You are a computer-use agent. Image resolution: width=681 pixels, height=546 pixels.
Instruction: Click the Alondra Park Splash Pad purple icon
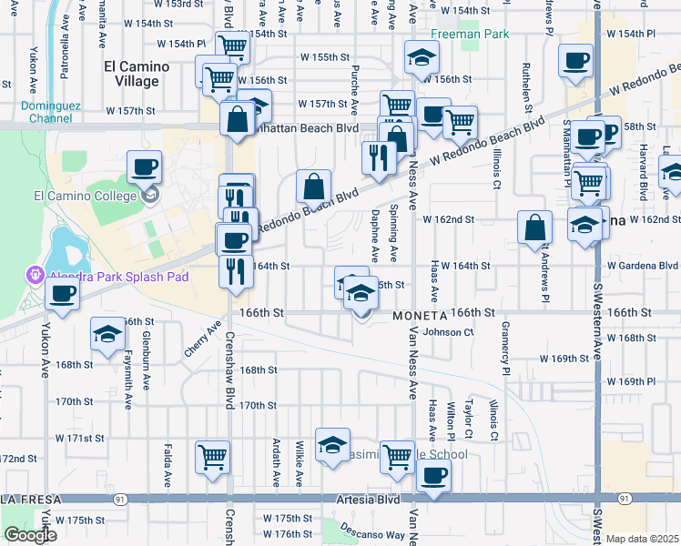(x=36, y=274)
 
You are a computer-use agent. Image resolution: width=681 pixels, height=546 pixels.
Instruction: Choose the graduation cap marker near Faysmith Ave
(x=107, y=335)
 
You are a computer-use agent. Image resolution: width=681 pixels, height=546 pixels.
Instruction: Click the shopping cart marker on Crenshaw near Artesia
(x=212, y=457)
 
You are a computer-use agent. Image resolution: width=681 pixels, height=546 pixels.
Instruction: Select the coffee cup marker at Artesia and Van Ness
(x=433, y=476)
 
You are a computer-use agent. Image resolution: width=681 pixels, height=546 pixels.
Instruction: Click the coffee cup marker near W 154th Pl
(x=575, y=62)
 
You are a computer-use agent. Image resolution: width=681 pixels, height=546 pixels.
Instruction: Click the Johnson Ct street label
(x=448, y=333)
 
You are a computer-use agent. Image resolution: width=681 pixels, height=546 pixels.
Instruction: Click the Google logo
(x=30, y=535)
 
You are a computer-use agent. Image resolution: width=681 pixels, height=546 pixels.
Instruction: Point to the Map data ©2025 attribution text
(x=643, y=539)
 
